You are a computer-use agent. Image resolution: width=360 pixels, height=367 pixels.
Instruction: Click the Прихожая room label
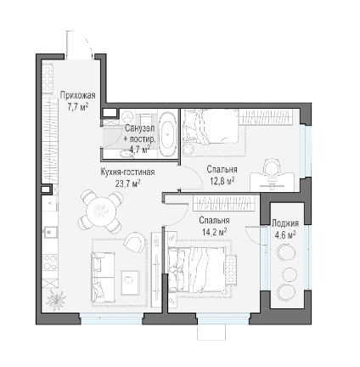click(77, 95)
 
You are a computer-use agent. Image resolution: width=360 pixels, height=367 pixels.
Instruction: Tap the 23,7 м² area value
click(128, 183)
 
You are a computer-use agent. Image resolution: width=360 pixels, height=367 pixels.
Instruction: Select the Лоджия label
click(285, 223)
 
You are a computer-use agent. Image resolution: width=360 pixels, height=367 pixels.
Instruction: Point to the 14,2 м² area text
click(215, 232)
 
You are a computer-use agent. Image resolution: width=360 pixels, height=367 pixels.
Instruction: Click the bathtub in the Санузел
click(168, 133)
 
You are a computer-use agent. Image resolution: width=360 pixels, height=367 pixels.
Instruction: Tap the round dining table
click(101, 211)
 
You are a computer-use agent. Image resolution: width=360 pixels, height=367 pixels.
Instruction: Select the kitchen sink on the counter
click(50, 232)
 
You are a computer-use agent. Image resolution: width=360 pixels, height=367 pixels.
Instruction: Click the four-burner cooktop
click(50, 263)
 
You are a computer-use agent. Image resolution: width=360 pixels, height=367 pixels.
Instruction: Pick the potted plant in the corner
click(55, 300)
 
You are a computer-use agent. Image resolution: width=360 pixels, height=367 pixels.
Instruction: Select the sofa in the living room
click(103, 276)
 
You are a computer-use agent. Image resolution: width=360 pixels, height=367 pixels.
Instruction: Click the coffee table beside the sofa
click(130, 282)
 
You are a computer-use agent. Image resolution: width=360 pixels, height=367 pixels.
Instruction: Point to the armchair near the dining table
click(135, 242)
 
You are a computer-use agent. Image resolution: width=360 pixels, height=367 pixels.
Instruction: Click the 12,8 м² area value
click(222, 181)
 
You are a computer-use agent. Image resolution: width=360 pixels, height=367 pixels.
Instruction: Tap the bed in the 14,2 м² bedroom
click(198, 269)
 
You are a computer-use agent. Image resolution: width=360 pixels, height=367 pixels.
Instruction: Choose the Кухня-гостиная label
click(127, 172)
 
